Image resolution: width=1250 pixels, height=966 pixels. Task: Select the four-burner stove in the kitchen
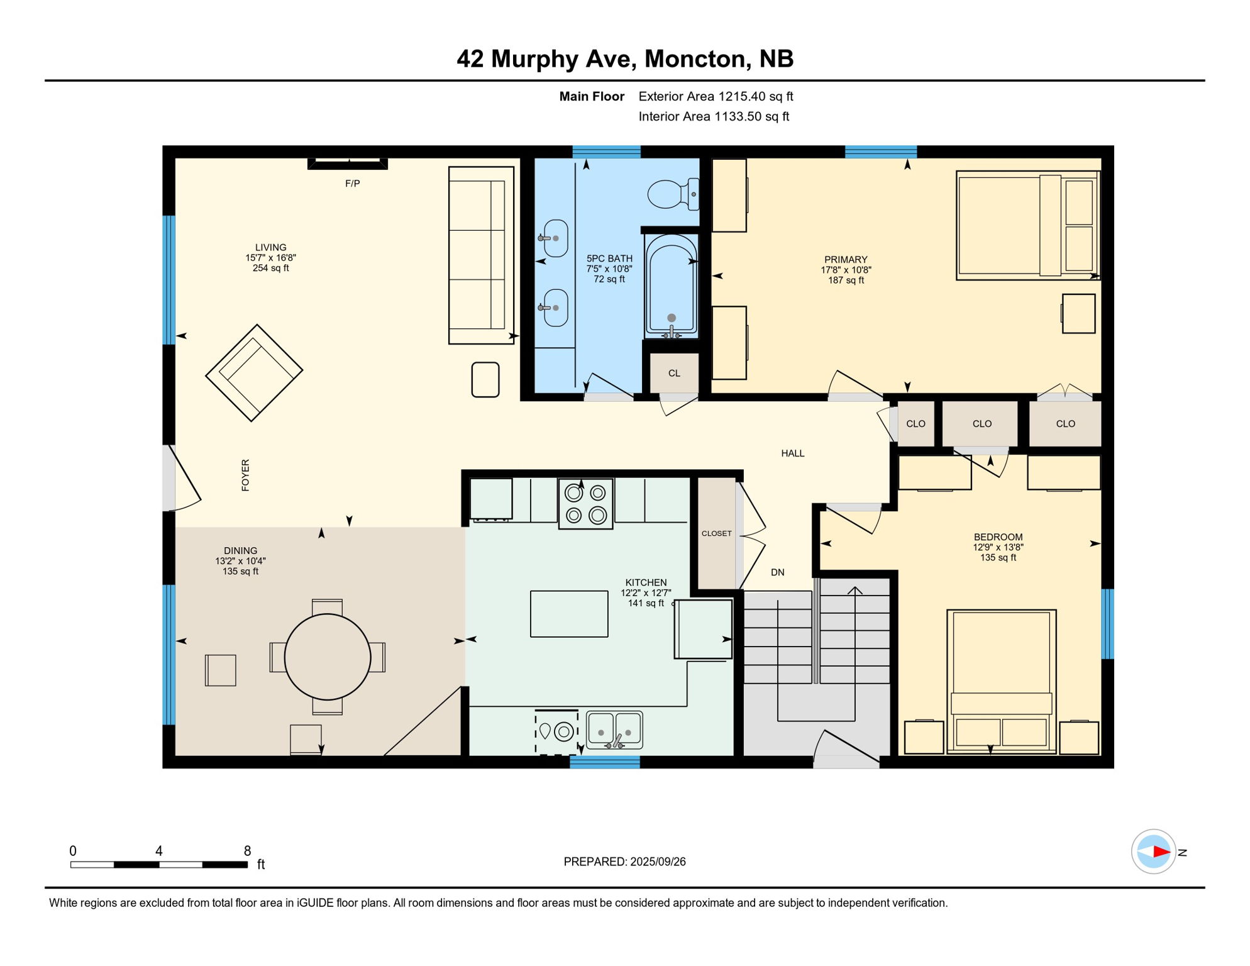585,504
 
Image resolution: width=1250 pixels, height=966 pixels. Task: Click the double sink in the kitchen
614,730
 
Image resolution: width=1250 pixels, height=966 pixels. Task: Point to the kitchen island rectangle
569,614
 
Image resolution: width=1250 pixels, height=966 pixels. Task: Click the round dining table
328,657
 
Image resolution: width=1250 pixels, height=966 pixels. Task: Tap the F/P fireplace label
352,184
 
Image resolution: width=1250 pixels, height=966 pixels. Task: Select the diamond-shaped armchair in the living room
254,373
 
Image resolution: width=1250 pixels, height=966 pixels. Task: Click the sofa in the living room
481,255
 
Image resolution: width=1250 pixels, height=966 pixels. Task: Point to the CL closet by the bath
674,374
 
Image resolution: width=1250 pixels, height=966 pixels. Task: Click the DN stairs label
778,572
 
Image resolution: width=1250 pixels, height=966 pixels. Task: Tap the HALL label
792,453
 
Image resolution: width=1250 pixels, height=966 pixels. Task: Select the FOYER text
245,475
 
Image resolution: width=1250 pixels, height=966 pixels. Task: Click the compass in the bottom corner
1153,852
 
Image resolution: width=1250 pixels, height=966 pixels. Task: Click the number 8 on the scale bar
247,851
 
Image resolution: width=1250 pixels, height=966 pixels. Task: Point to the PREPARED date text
624,862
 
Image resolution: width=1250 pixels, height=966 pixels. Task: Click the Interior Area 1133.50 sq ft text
714,116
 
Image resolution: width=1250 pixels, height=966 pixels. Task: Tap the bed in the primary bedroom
1027,225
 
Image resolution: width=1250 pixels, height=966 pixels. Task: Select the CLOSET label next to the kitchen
716,533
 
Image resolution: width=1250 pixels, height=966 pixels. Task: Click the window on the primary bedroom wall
880,152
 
